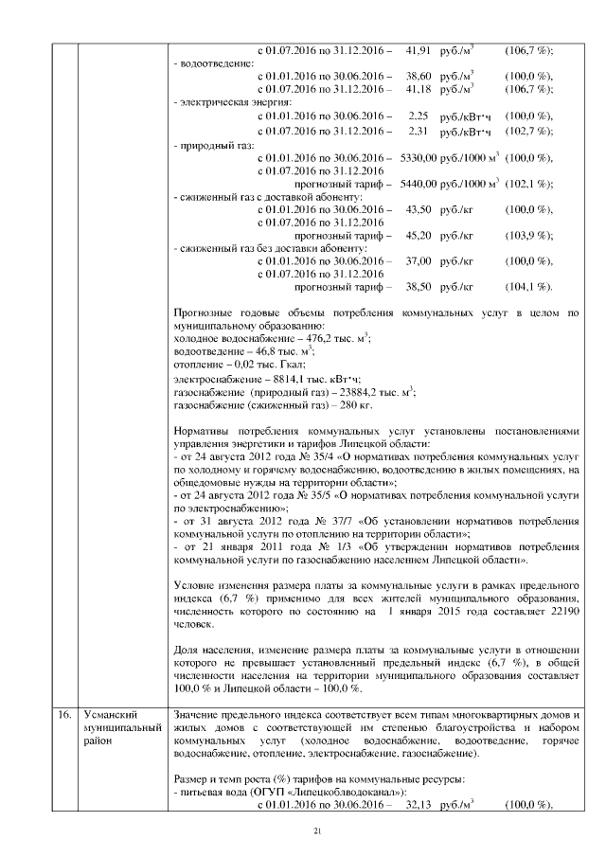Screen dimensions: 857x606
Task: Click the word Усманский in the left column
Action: [x=109, y=713]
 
